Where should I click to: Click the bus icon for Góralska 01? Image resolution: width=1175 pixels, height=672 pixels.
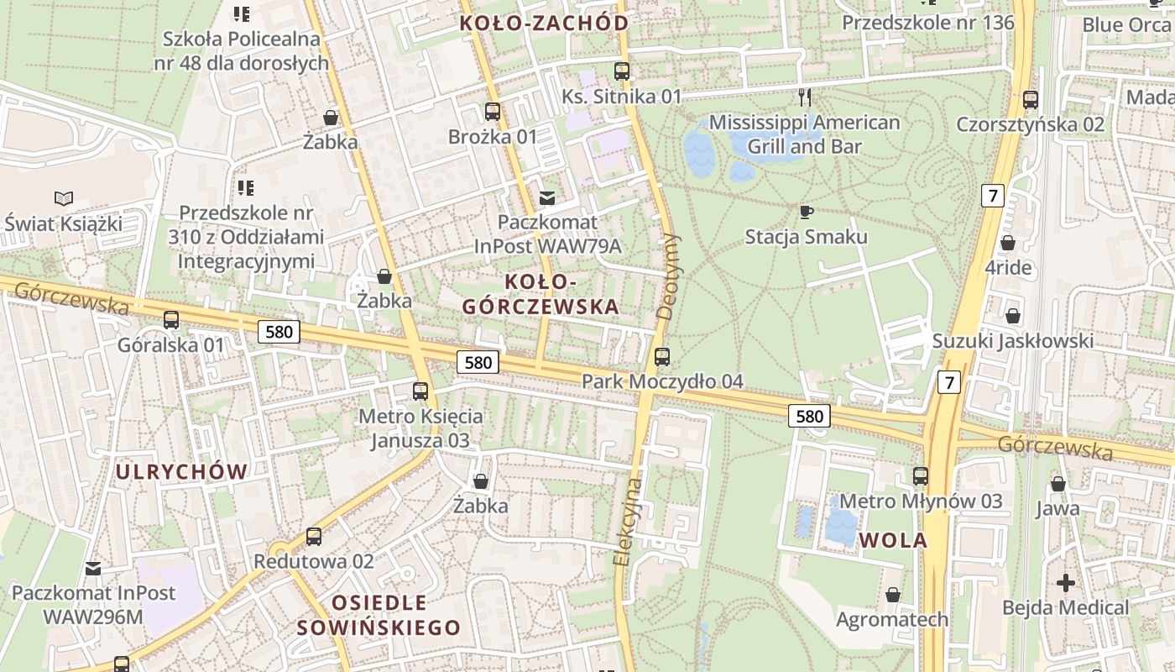pos(171,319)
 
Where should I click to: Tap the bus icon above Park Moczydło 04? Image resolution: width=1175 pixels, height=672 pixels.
pos(662,357)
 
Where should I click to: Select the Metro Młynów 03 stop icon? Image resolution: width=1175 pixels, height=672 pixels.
pos(921,476)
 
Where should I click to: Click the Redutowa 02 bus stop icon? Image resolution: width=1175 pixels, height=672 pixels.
pos(314,536)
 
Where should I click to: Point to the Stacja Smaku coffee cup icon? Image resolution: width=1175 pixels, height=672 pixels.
pos(806,212)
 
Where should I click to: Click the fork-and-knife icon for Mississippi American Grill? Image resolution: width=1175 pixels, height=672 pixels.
pos(805,97)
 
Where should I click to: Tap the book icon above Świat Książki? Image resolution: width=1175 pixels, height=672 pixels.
pos(63,199)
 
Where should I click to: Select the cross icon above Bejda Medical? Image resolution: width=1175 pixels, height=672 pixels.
pos(1065,582)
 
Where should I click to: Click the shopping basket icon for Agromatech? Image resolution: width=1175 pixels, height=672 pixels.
pos(893,595)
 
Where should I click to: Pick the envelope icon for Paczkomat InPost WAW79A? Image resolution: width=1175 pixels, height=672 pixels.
pos(547,198)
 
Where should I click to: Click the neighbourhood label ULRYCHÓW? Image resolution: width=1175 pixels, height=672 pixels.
pos(181,472)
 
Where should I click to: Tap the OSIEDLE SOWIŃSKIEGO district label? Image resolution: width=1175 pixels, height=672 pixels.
pos(379,615)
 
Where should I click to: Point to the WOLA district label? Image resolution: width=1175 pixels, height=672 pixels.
pos(893,540)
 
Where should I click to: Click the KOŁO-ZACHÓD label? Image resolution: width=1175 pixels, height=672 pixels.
pos(544,24)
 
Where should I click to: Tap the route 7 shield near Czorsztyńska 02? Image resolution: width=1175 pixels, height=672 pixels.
pos(993,197)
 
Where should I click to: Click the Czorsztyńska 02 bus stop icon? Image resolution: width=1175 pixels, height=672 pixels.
pos(1031,100)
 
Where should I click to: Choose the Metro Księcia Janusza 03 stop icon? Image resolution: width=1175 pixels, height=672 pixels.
pos(420,391)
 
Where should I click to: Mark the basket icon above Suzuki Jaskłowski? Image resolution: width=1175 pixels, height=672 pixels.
pos(1013,317)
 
